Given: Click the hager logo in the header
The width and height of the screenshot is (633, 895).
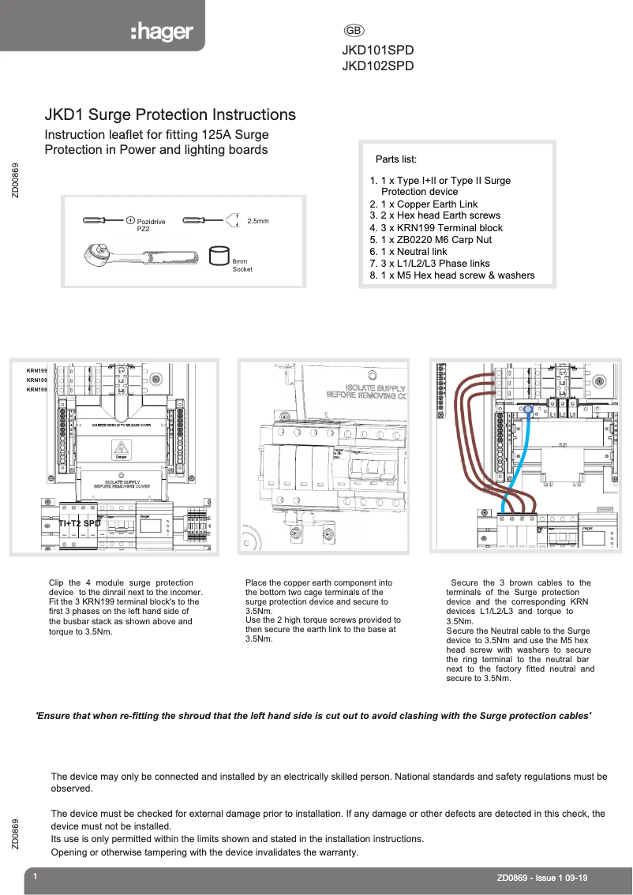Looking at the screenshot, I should click(x=161, y=32).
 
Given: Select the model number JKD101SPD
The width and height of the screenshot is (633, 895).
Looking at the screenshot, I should click(x=377, y=50).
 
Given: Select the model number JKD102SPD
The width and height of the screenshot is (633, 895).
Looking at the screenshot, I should click(x=377, y=66).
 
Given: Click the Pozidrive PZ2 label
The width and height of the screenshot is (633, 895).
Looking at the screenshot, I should click(x=151, y=225).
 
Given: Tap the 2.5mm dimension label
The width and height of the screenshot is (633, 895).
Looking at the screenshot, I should click(x=258, y=221).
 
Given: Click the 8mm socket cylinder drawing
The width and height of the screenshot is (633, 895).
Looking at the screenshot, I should click(x=219, y=257).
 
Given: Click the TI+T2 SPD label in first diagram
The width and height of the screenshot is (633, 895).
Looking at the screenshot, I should click(x=80, y=523).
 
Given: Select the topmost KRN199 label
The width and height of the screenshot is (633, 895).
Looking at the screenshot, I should click(x=37, y=370).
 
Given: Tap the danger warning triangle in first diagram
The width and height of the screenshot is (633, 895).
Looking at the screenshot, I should click(x=121, y=451).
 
